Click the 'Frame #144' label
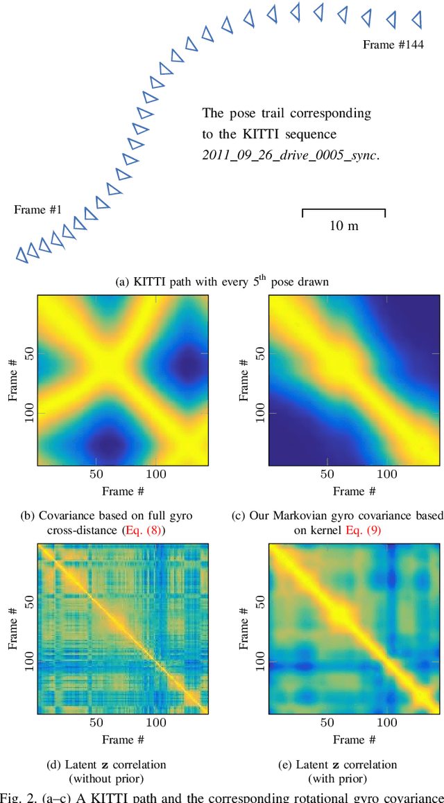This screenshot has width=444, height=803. tap(393, 44)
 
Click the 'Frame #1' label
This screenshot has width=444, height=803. tap(38, 209)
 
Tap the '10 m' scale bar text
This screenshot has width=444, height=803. tap(343, 226)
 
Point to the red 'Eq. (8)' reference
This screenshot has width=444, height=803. tap(142, 529)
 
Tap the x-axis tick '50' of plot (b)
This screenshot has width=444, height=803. tap(96, 475)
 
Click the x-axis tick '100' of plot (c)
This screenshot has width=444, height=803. tap(387, 475)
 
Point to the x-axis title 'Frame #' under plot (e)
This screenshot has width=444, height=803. tap(354, 739)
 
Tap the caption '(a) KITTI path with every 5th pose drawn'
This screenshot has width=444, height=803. tap(221, 281)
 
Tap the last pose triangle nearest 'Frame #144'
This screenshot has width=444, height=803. tap(417, 19)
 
